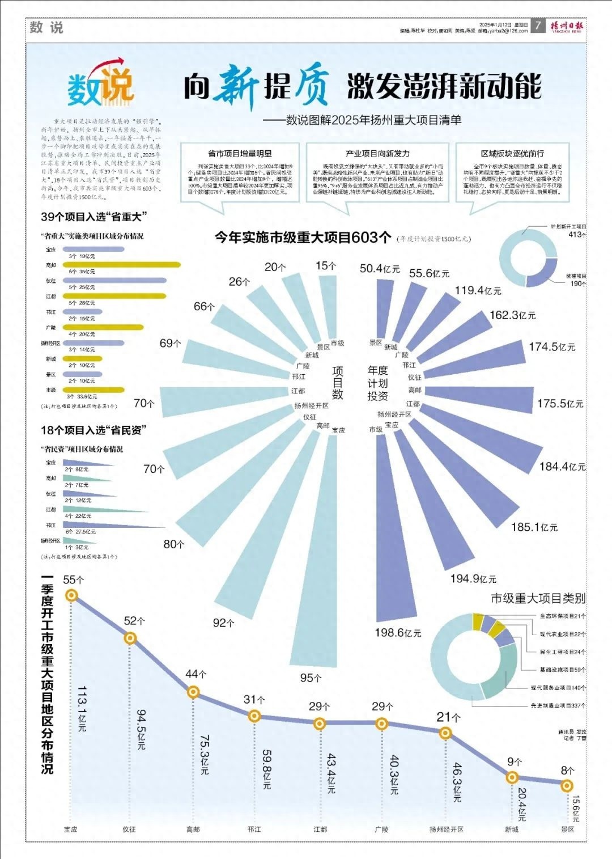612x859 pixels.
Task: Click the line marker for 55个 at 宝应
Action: point(71,595)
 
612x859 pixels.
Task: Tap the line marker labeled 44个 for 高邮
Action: point(193,692)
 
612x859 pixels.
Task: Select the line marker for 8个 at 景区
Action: point(567,785)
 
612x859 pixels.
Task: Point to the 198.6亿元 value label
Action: point(398,633)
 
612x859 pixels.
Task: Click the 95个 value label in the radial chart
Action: point(311,678)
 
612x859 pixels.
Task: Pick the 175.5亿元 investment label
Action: point(560,404)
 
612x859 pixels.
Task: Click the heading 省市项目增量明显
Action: point(240,154)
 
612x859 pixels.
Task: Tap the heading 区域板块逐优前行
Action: point(512,154)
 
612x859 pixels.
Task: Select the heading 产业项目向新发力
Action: point(377,154)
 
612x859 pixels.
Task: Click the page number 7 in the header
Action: point(538,26)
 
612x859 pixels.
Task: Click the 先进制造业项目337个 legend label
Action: point(558,706)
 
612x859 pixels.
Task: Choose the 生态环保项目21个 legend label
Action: point(562,616)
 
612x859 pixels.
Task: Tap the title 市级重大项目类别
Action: point(538,598)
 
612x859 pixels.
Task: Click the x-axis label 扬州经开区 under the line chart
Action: point(446,830)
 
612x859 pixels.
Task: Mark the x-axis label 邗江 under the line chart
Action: point(254,830)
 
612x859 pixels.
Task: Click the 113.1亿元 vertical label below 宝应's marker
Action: point(82,708)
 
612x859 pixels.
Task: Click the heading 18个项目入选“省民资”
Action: point(93,430)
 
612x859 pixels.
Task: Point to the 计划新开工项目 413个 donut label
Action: point(568,230)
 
